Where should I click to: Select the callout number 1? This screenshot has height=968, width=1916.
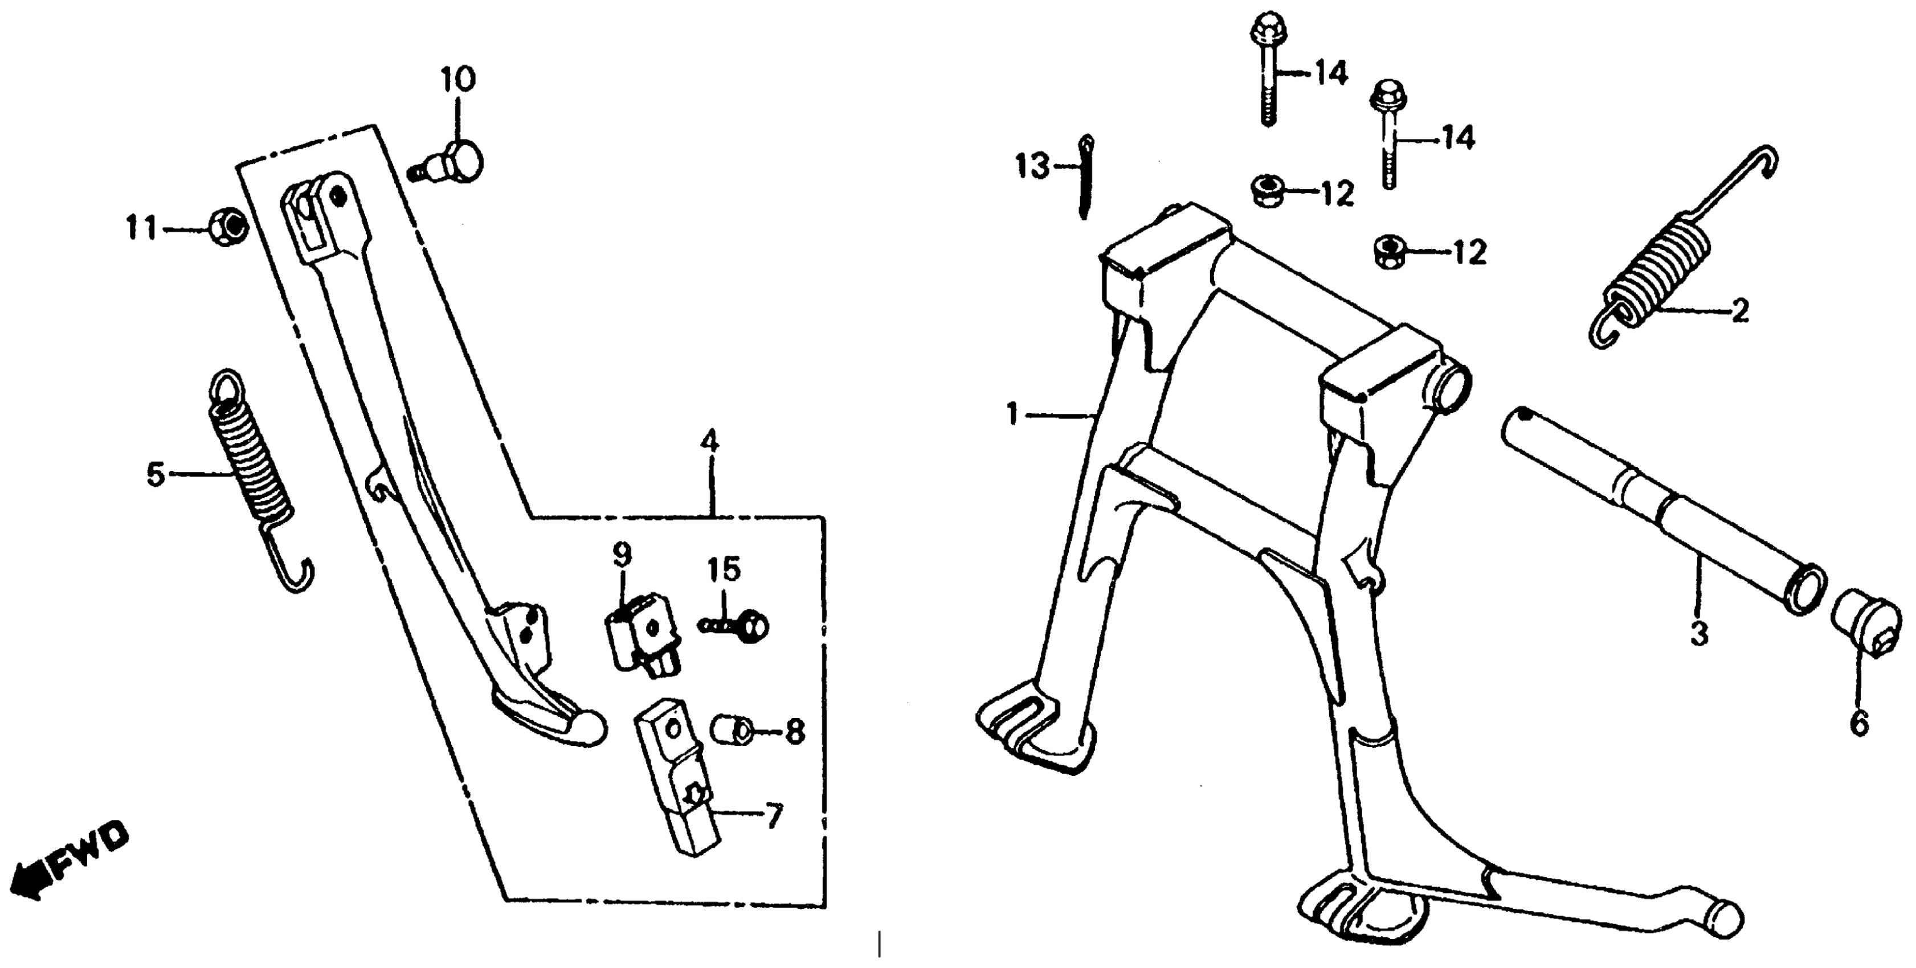click(x=1011, y=413)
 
